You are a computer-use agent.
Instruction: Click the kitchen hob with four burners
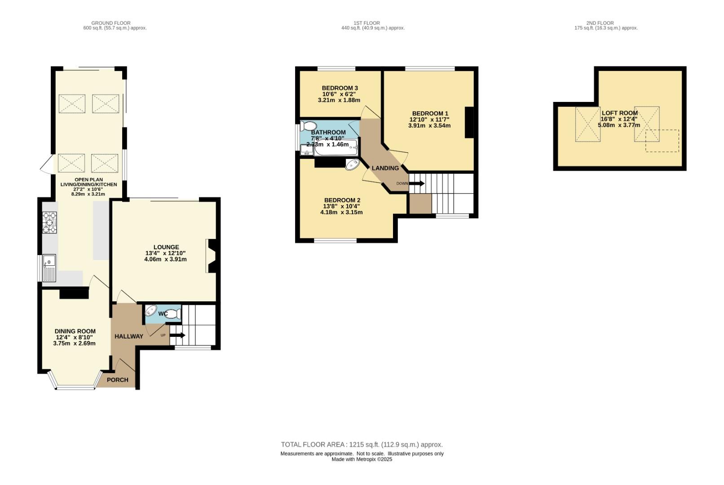point(49,222)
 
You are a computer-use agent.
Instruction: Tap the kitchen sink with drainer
point(49,268)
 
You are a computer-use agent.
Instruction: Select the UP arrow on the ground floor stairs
point(177,335)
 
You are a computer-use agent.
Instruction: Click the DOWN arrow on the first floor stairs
point(417,184)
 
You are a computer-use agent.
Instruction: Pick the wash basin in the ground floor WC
point(150,311)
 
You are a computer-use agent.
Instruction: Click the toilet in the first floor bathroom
point(308,126)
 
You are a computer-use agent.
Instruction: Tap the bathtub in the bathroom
point(336,148)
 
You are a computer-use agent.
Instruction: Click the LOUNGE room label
point(166,247)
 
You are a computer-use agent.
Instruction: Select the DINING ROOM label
point(75,331)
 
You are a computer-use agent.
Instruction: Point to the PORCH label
point(118,379)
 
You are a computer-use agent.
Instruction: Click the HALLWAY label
point(129,336)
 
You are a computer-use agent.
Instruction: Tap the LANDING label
point(385,168)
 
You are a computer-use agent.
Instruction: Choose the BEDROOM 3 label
point(340,88)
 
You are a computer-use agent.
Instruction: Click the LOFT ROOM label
point(620,113)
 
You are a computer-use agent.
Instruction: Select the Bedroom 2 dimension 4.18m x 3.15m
point(341,212)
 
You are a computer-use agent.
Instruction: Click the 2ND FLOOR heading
point(600,23)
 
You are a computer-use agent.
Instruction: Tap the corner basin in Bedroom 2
point(352,164)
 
